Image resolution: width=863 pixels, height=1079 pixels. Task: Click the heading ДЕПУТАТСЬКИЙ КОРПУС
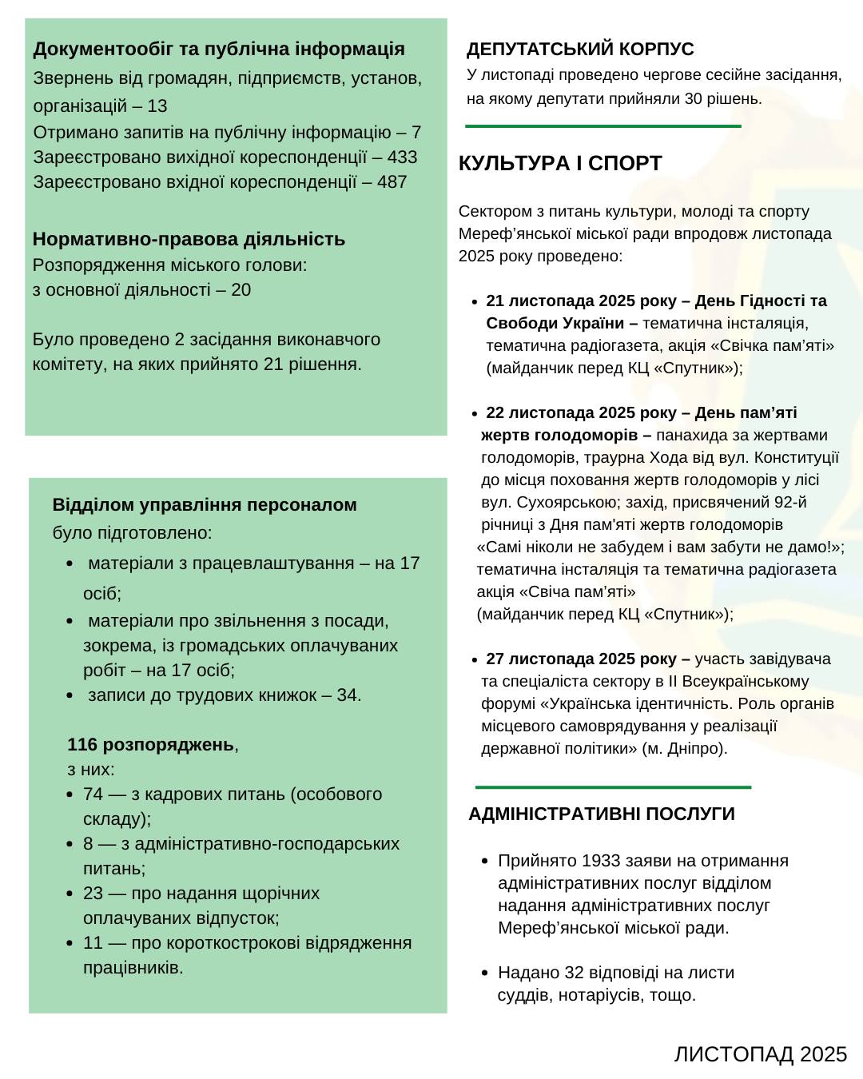point(580,50)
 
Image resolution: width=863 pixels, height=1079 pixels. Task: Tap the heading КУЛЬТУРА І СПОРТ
point(560,164)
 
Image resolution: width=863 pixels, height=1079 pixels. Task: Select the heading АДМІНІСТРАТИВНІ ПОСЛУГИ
point(602,814)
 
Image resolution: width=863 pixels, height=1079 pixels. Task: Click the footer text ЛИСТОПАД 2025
point(760,1055)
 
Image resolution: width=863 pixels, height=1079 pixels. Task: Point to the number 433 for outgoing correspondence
point(402,157)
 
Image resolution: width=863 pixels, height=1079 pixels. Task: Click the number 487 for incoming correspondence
point(392,182)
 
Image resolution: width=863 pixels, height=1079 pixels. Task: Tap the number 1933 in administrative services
point(602,861)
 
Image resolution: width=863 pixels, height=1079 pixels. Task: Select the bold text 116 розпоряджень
point(151,745)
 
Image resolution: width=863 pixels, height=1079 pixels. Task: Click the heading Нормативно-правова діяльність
point(189,239)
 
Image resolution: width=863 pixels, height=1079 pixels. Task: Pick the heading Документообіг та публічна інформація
point(219,49)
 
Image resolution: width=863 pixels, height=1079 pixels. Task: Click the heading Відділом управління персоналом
point(205,505)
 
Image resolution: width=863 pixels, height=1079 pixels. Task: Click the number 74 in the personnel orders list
point(93,794)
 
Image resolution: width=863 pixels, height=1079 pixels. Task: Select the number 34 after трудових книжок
point(347,695)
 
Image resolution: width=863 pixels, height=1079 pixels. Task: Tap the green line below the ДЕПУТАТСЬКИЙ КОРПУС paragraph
point(603,126)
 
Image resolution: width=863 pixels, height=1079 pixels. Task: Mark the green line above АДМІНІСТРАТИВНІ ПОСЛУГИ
point(613,787)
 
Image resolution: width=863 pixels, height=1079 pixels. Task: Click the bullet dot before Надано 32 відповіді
point(485,973)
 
